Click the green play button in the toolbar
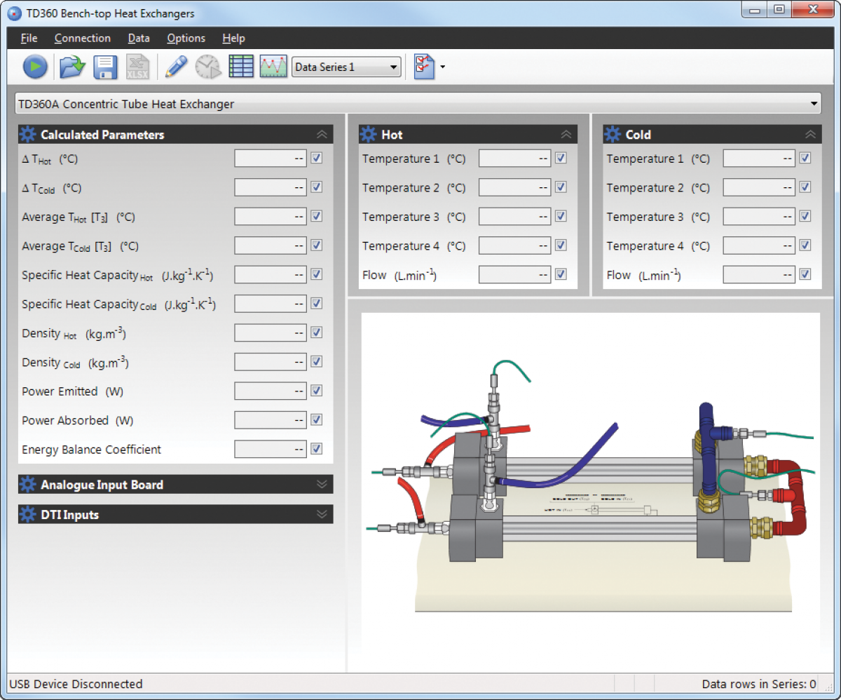coord(35,67)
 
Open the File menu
coord(29,39)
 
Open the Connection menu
coord(83,39)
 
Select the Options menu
coord(186,39)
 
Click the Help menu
coord(233,39)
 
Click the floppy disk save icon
coord(105,67)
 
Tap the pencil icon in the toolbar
coord(176,67)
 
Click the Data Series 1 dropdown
coord(346,67)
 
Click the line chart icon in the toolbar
coord(273,67)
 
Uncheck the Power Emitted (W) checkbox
coord(317,391)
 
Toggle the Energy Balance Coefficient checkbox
coord(317,449)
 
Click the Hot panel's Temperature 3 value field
coord(514,217)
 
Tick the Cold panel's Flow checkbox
coord(805,274)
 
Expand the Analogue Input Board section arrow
coord(322,484)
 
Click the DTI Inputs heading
coord(69,515)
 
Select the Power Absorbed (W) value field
coord(270,420)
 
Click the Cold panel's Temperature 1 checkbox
coord(805,159)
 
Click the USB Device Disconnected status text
coord(76,684)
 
